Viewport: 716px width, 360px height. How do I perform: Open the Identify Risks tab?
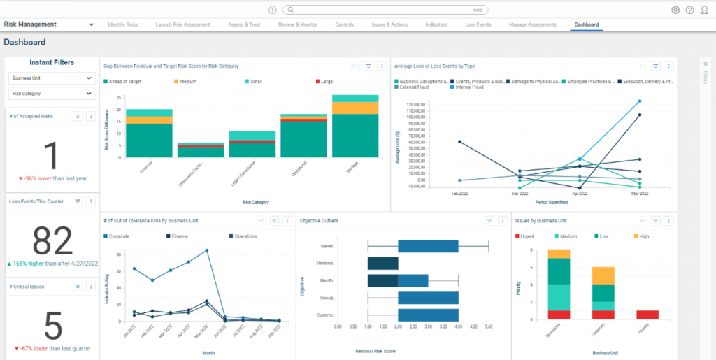point(123,24)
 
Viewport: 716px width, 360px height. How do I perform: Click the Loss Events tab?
point(478,24)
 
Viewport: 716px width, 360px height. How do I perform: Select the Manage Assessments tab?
point(533,24)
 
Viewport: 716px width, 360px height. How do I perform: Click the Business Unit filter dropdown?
point(51,78)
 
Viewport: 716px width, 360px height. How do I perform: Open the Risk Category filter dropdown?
point(51,93)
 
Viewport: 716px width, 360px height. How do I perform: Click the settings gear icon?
point(675,10)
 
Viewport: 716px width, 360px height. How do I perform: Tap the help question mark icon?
point(689,10)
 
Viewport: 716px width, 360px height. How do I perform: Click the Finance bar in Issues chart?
point(647,314)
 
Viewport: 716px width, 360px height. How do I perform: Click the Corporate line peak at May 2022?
point(207,250)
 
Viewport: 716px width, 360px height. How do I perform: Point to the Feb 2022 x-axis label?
point(459,193)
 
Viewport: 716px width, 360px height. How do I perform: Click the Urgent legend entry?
point(527,236)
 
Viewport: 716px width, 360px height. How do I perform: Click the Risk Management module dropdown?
point(49,24)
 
